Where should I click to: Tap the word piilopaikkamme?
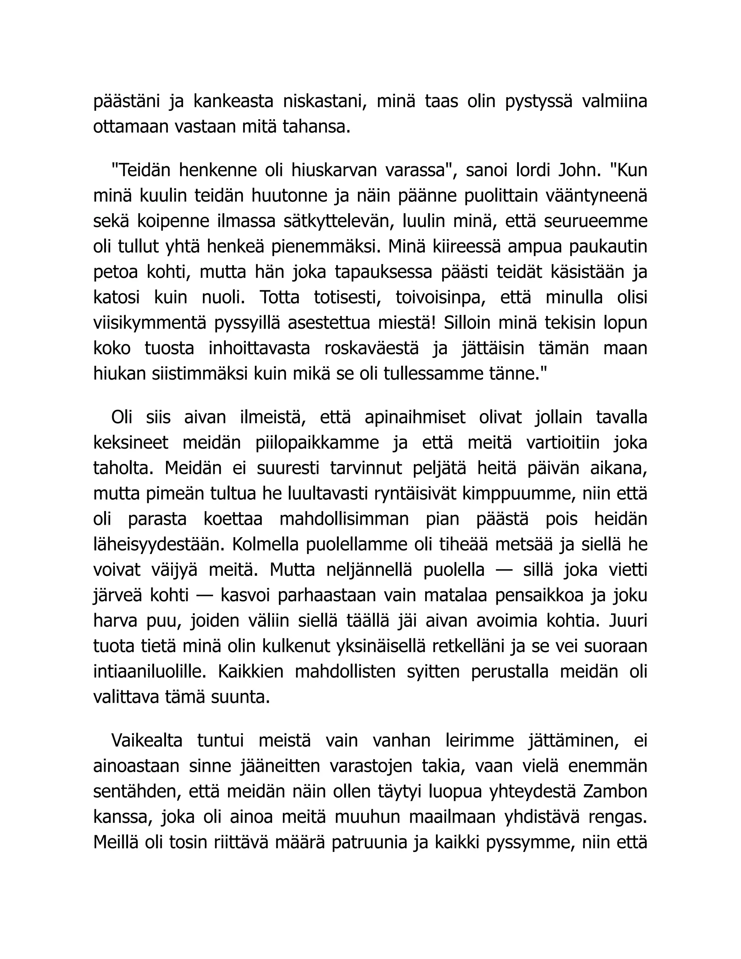pyautogui.click(x=317, y=442)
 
